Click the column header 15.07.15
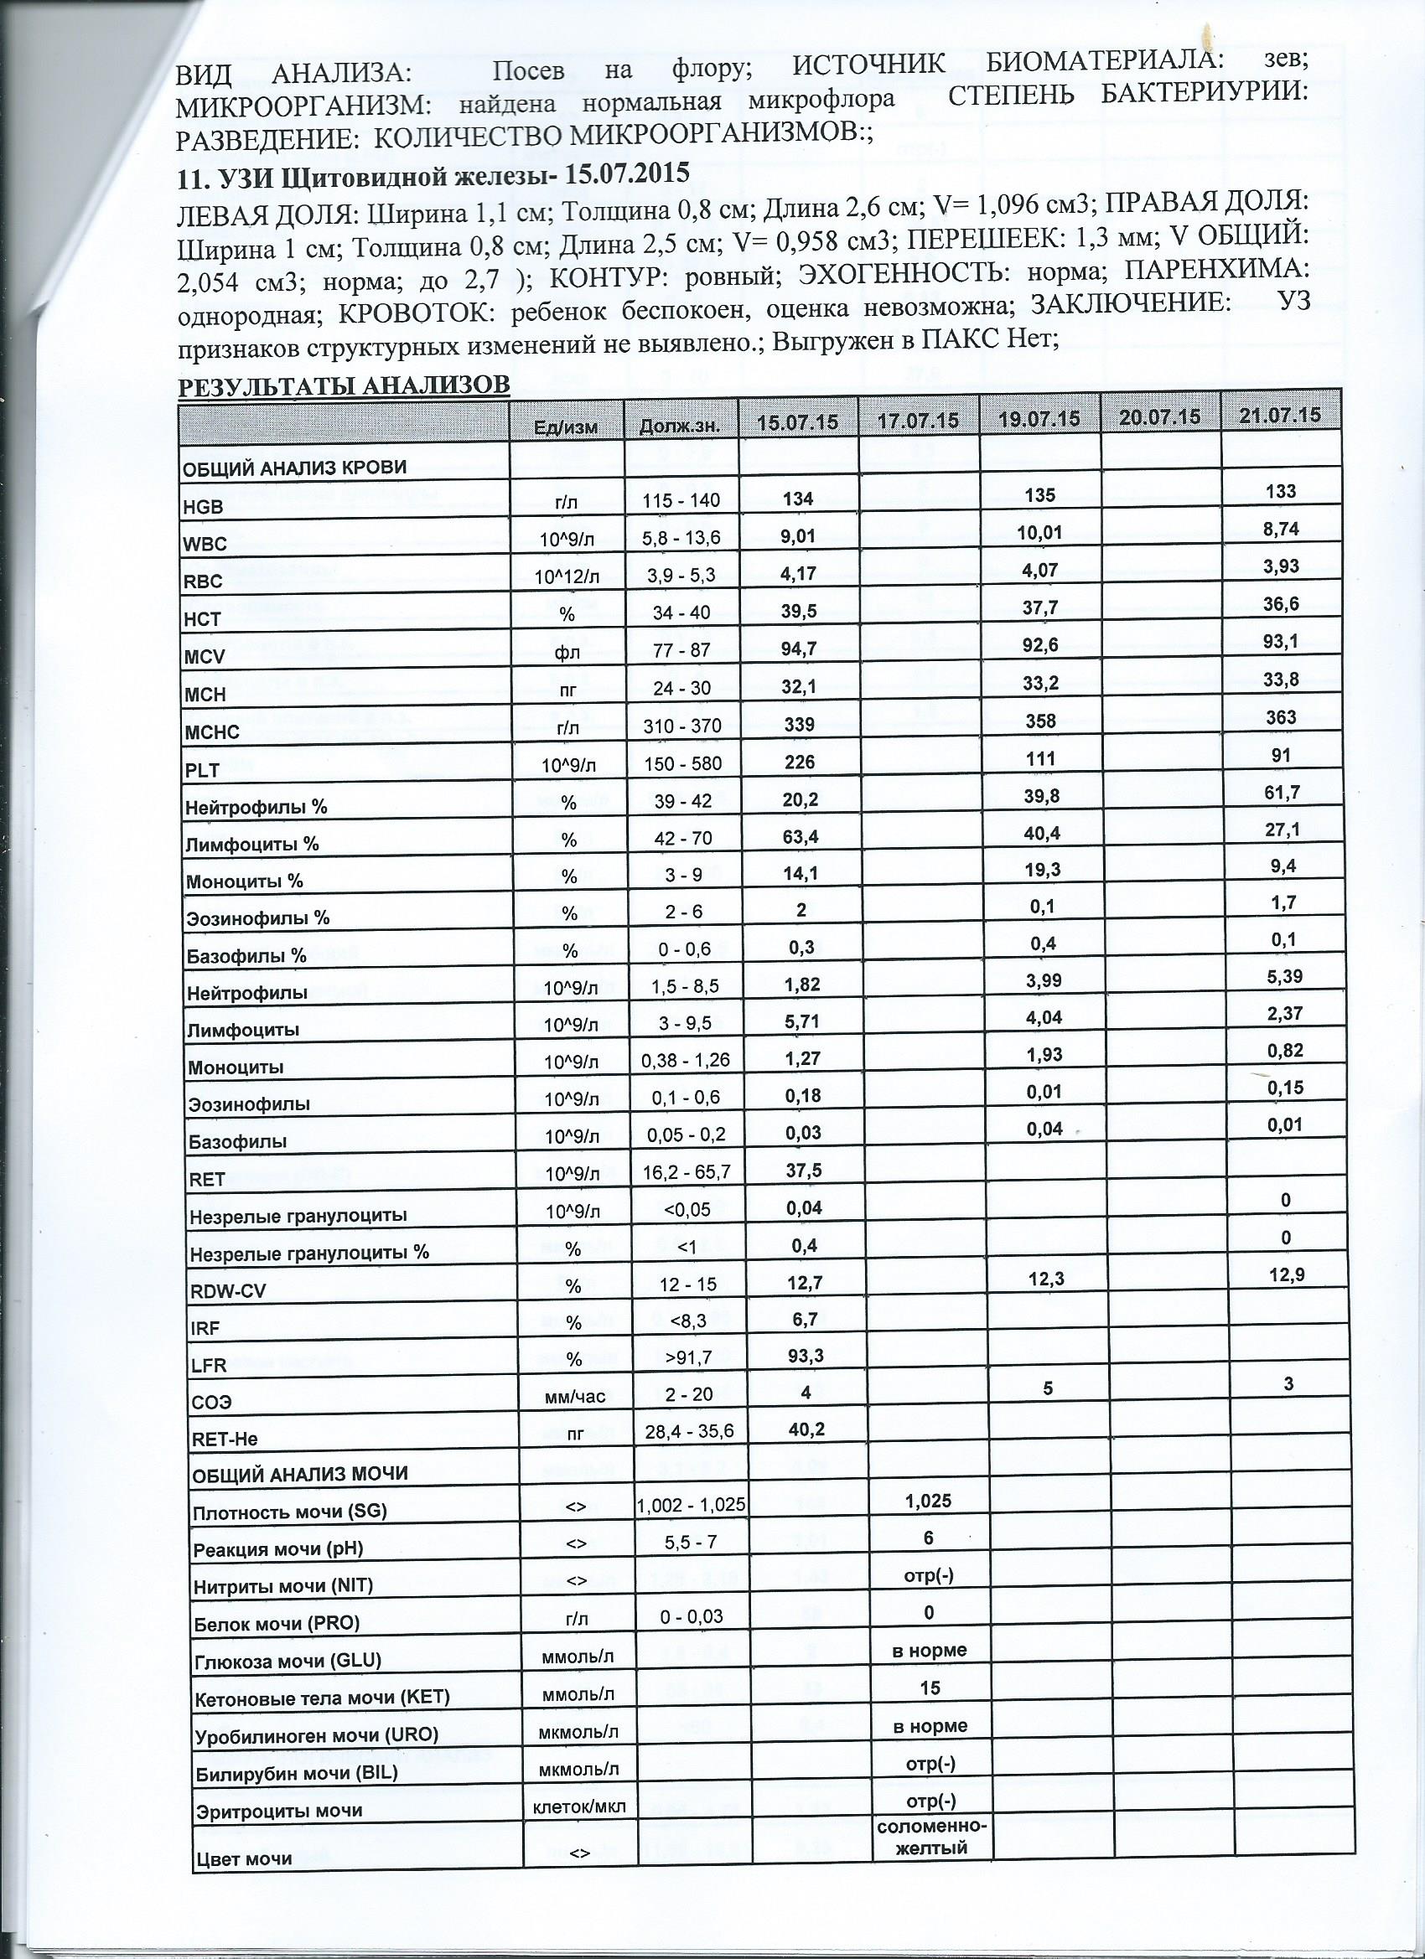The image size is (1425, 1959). tap(798, 421)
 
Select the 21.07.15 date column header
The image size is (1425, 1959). tap(1280, 416)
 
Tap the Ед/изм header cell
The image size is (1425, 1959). tap(566, 426)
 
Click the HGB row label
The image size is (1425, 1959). tap(203, 508)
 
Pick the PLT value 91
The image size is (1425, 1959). tap(1281, 754)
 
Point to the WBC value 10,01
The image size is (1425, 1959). tap(1039, 533)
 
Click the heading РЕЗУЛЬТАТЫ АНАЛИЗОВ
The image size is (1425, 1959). tap(344, 385)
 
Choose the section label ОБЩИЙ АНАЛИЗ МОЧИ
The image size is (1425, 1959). tap(300, 1475)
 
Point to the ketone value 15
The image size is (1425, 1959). tap(930, 1688)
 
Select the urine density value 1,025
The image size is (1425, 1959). tap(928, 1501)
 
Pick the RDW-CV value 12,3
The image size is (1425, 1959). tap(1045, 1279)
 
